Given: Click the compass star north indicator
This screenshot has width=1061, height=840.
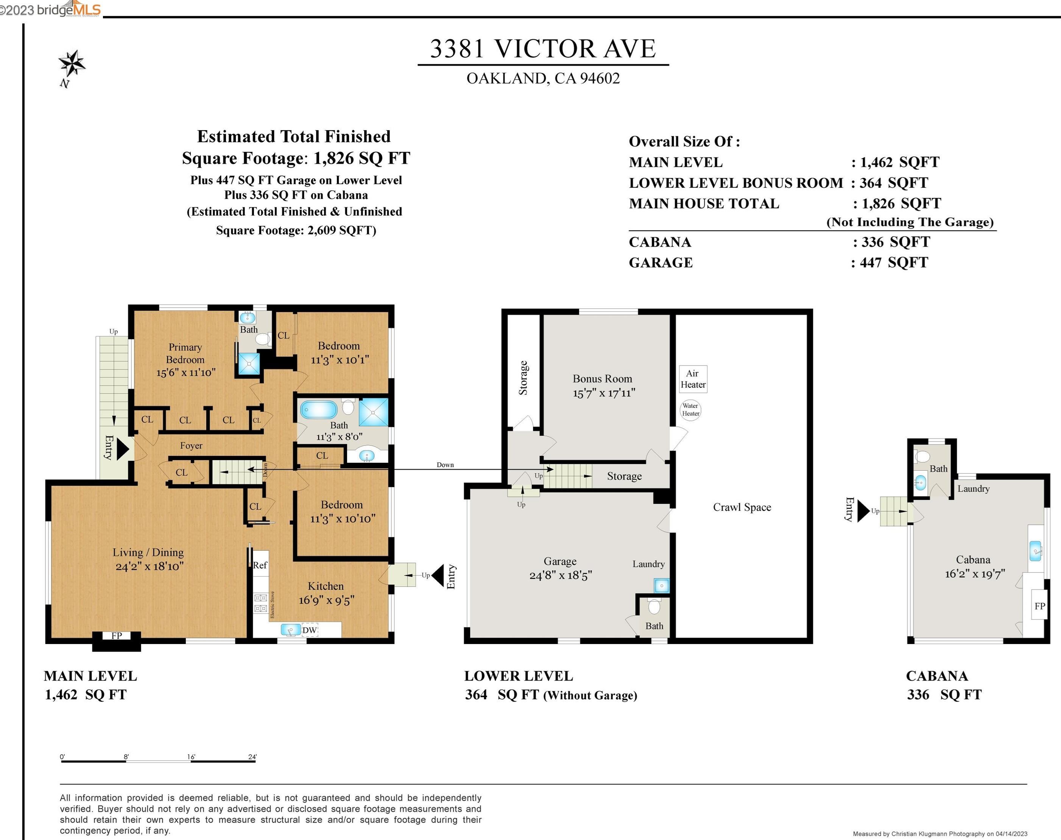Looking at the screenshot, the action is [x=72, y=64].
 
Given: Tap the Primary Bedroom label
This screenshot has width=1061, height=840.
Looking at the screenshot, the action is [x=185, y=353].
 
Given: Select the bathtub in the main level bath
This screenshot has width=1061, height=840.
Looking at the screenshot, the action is [x=319, y=409].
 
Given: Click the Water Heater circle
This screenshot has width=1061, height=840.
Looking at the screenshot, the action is [x=690, y=409].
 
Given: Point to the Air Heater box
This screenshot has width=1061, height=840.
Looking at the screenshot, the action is [x=693, y=379].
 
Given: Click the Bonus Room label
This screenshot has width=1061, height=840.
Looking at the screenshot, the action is [x=603, y=379].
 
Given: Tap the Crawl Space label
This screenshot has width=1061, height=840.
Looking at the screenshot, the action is [x=742, y=507].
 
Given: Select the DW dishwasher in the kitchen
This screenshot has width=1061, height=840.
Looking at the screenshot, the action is [x=309, y=630].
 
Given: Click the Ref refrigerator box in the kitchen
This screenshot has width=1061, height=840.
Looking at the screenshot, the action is [x=260, y=565].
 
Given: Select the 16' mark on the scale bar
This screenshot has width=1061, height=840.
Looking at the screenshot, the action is [x=192, y=757].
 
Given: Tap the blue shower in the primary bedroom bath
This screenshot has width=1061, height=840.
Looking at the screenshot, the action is [x=249, y=364].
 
